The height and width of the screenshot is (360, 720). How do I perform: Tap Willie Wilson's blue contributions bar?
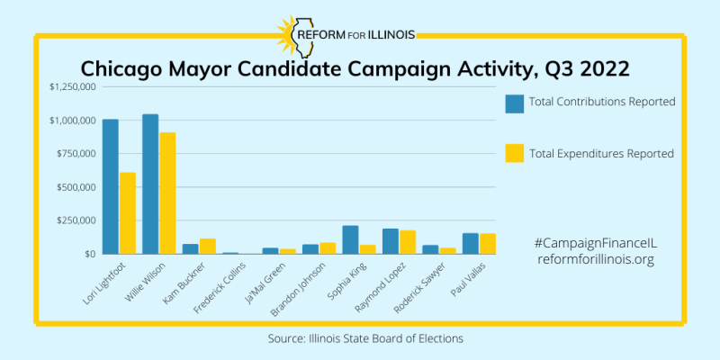click(x=150, y=184)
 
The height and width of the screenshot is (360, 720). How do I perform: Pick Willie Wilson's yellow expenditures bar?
click(x=167, y=193)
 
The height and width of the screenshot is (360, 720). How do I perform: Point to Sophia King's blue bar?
click(x=350, y=239)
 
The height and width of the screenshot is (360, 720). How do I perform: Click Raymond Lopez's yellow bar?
click(x=408, y=242)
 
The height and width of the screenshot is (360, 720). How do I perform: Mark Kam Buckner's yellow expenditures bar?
click(x=208, y=246)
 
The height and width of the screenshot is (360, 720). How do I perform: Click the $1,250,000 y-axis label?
click(x=72, y=87)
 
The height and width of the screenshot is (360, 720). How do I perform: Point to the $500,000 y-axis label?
click(x=76, y=187)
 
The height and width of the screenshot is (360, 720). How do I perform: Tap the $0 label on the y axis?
click(x=89, y=254)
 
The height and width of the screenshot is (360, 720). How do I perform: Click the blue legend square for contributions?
click(x=515, y=103)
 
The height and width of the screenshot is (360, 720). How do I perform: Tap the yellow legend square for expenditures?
click(x=515, y=154)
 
